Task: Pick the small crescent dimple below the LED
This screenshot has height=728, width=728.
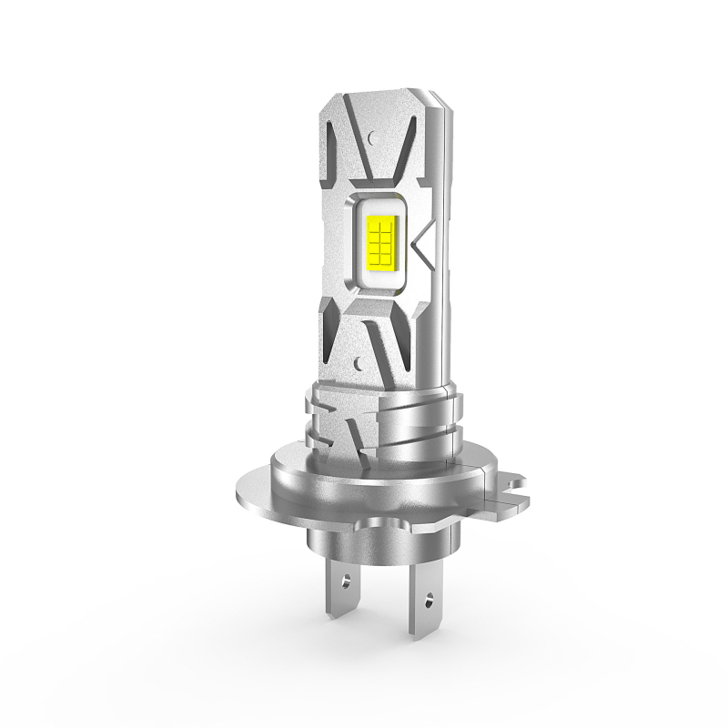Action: tap(360, 361)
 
